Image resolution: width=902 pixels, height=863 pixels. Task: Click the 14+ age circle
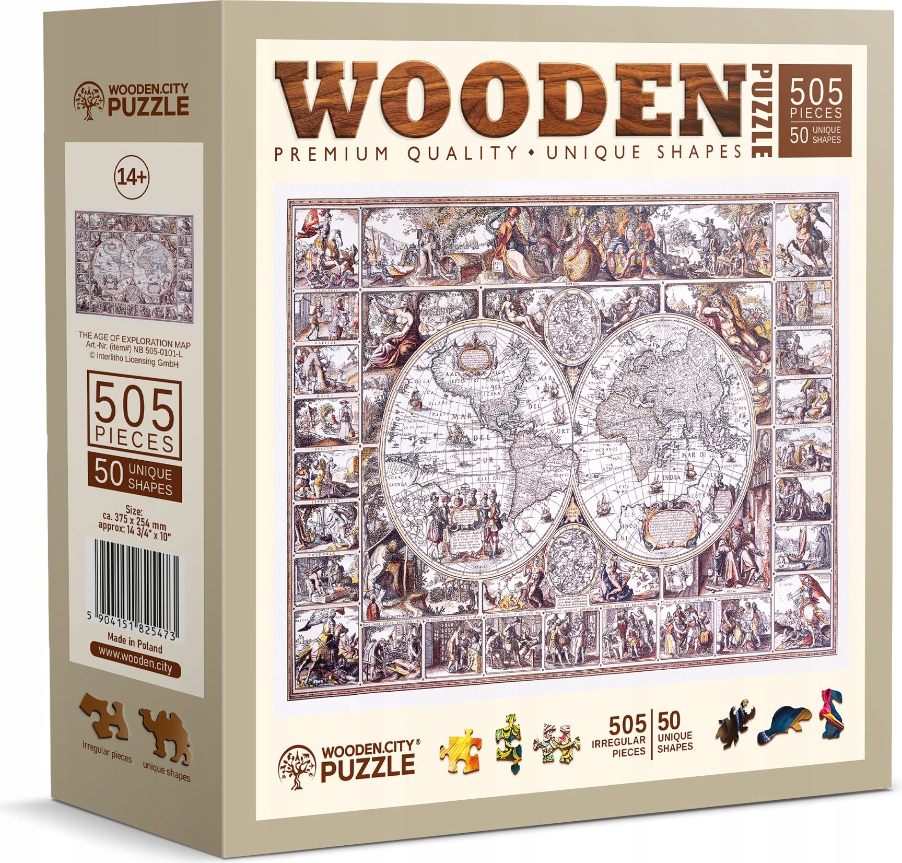click(x=132, y=179)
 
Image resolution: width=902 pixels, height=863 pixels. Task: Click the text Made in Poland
click(x=135, y=643)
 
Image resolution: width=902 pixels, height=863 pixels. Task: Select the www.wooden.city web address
click(x=135, y=665)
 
